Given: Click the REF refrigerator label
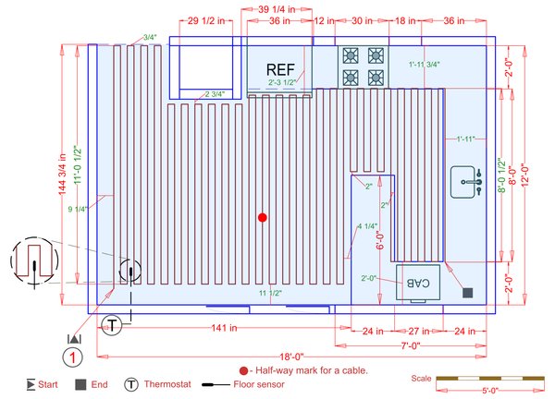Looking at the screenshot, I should coord(279,70).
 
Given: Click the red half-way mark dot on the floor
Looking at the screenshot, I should coord(263,217).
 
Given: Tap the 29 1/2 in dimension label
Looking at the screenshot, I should coord(205,19).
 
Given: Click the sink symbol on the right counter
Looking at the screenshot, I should coord(467,182).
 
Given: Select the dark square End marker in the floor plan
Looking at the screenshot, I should coord(468,293).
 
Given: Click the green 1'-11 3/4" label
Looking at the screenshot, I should coord(424,65).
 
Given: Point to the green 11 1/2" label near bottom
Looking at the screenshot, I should coord(270,293).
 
